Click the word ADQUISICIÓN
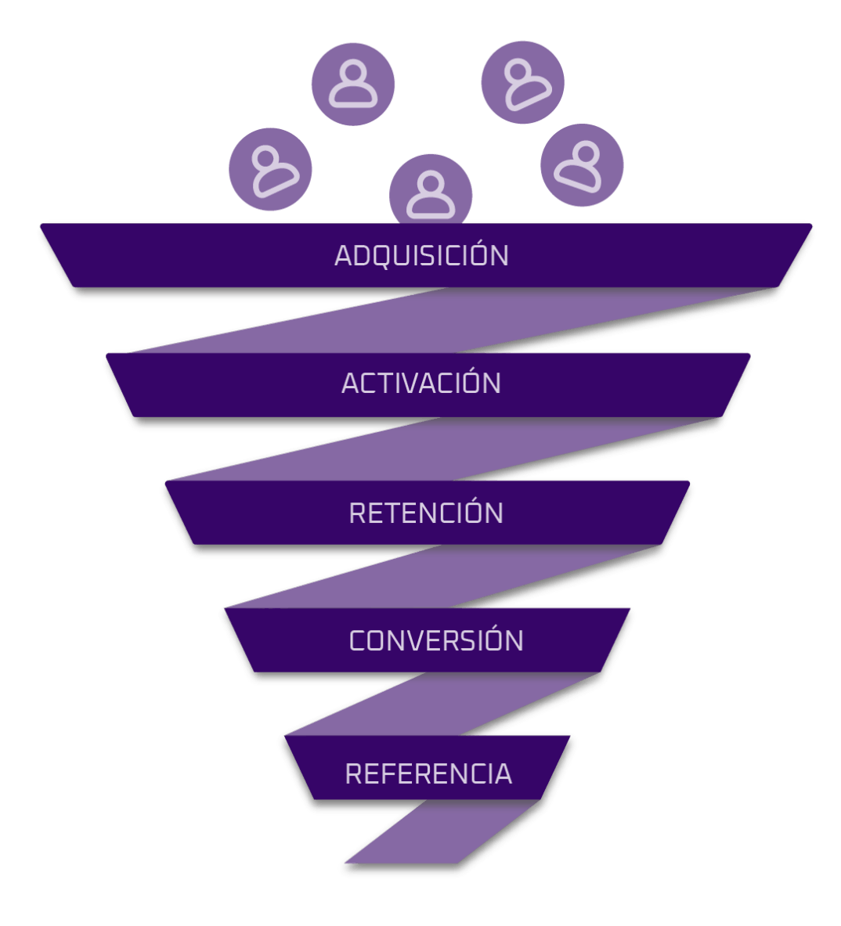[421, 255]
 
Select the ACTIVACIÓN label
[421, 383]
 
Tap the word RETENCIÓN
[426, 513]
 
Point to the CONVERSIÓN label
[436, 640]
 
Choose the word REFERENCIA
[428, 773]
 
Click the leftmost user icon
[271, 169]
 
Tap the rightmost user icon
[582, 165]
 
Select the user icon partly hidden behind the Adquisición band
[431, 192]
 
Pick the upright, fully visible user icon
[353, 84]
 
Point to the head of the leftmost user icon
[266, 157]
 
